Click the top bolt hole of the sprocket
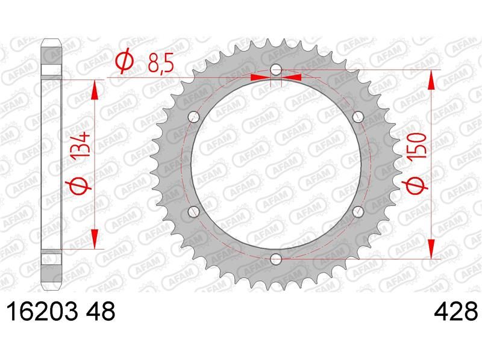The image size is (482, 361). click(x=276, y=70)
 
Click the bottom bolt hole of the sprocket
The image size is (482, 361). click(x=276, y=259)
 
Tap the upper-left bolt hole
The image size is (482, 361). click(x=193, y=117)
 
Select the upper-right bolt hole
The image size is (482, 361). click(x=358, y=117)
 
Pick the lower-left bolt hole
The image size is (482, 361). click(x=193, y=212)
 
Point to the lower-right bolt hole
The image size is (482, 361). click(x=358, y=212)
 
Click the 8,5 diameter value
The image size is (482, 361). click(x=160, y=63)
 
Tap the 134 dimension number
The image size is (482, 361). click(x=81, y=145)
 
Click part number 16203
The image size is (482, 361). click(x=42, y=312)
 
